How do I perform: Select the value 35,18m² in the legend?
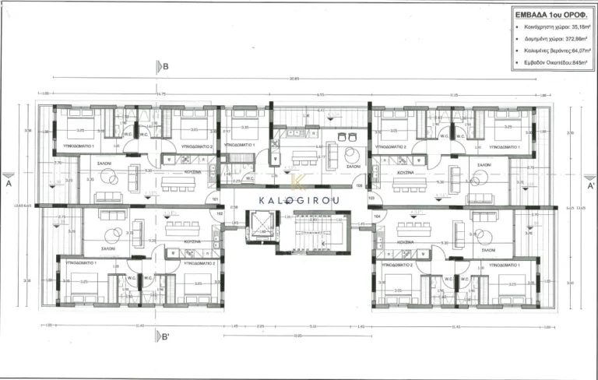pyautogui.click(x=574, y=26)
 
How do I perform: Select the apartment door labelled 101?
pyautogui.click(x=216, y=199)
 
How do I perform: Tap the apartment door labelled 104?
pyautogui.click(x=377, y=216)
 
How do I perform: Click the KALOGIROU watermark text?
pyautogui.click(x=298, y=199)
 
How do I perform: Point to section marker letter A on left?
pyautogui.click(x=8, y=186)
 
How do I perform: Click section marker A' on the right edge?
pyautogui.click(x=589, y=186)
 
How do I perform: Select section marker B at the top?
pyautogui.click(x=165, y=67)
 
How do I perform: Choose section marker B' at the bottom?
pyautogui.click(x=165, y=336)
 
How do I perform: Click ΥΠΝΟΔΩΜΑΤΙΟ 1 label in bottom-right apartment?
pyautogui.click(x=505, y=264)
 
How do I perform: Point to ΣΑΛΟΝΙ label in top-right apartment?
pyautogui.click(x=484, y=165)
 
